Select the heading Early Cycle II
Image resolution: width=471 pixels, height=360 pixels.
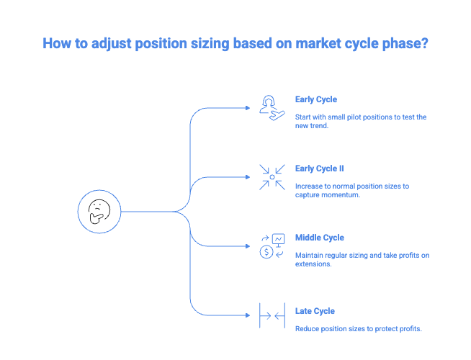coord(320,169)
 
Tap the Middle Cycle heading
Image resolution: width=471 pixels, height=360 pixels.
coord(320,238)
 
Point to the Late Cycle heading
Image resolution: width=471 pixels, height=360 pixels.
coord(315,311)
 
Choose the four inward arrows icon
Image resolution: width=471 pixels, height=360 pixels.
coord(272,176)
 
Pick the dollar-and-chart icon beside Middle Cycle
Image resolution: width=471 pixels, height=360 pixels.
coord(272,246)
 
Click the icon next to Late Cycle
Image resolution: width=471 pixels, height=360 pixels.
coord(272,315)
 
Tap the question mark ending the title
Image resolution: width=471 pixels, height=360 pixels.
coord(424,43)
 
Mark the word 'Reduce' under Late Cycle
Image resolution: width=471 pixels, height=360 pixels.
coord(308,328)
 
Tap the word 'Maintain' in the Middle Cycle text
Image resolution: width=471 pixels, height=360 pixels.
coord(311,255)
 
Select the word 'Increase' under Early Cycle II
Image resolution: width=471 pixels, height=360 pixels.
coord(310,186)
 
